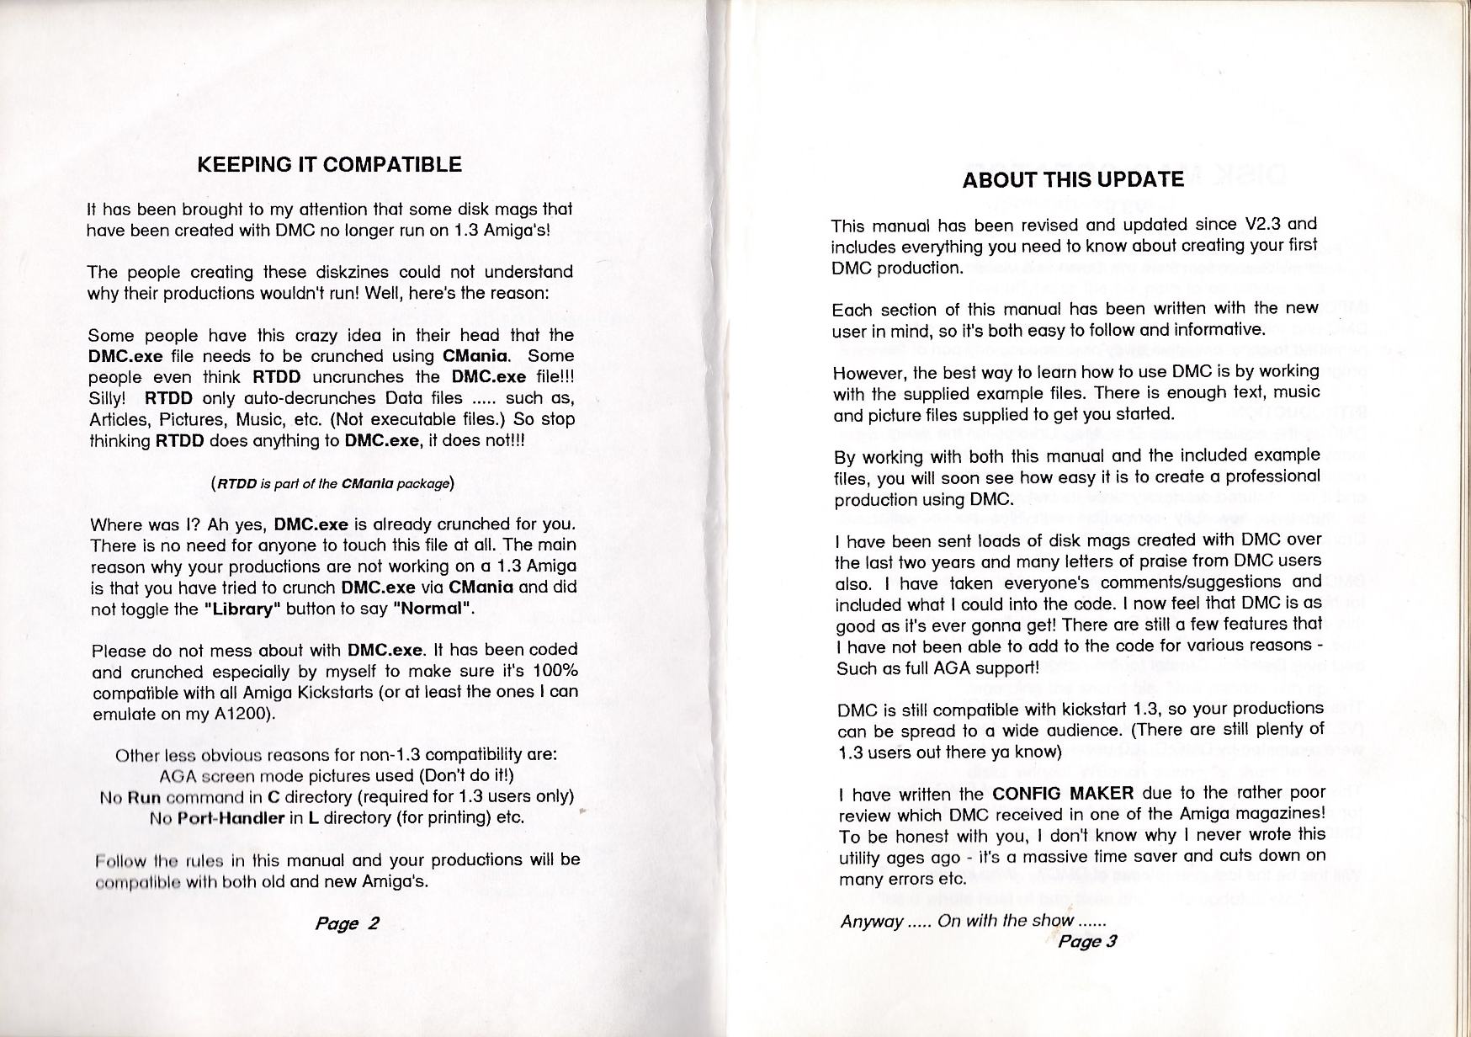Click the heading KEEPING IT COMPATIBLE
click(329, 165)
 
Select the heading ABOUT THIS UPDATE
click(1073, 179)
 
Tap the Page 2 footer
click(347, 923)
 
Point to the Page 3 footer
click(1086, 941)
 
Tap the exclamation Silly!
click(107, 397)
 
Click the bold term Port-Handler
click(231, 817)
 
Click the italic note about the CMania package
click(332, 484)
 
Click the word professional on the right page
click(1273, 476)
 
